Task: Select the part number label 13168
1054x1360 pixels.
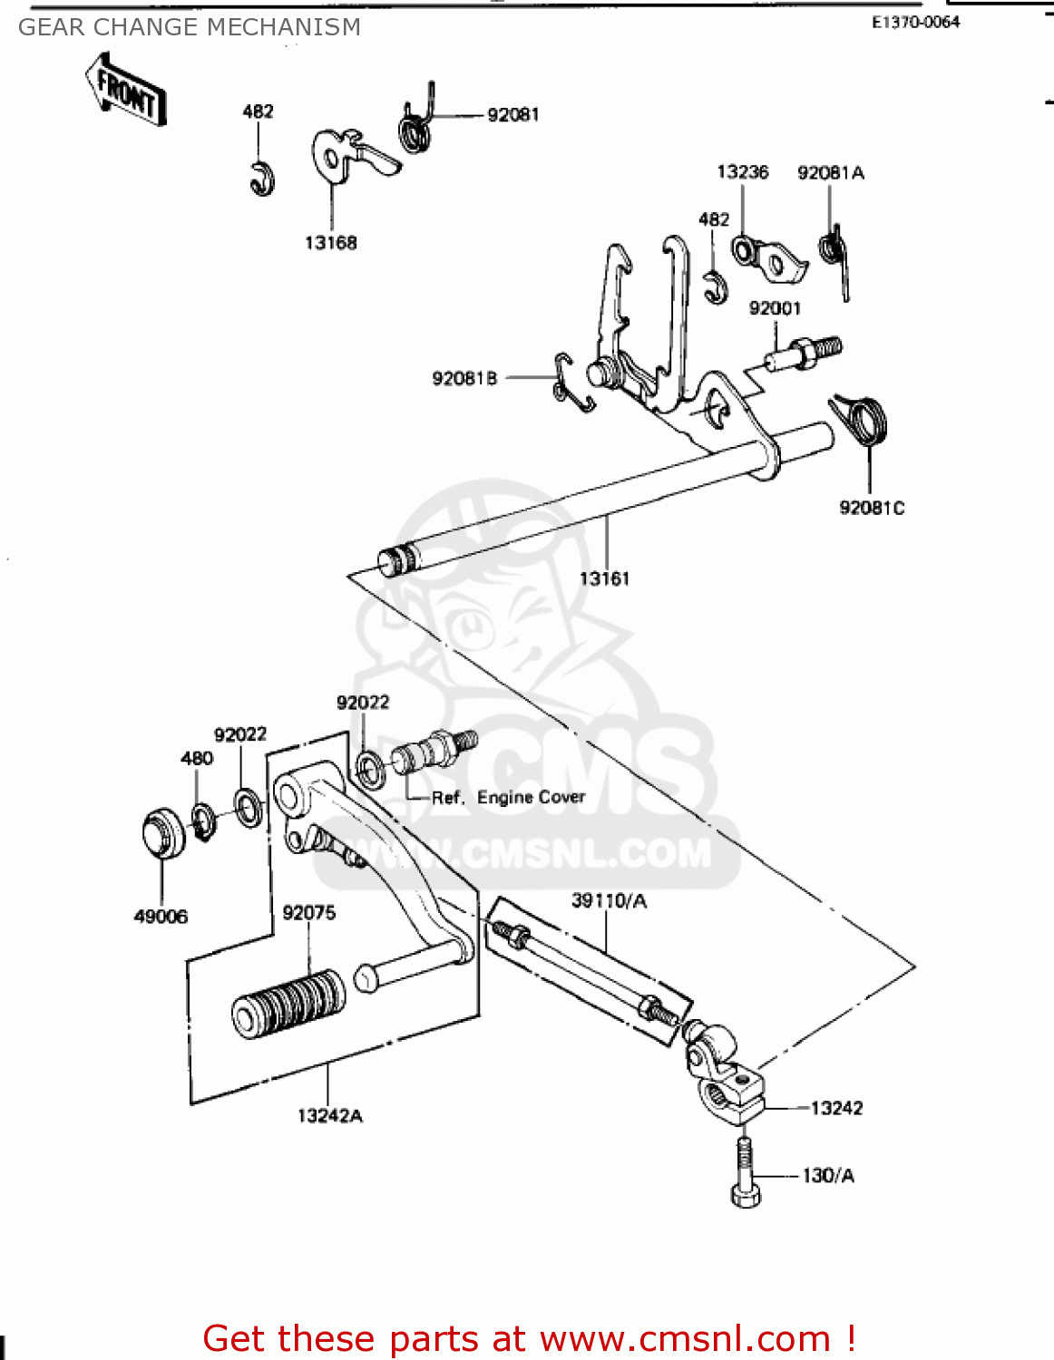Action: point(330,243)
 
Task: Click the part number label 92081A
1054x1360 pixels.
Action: point(830,173)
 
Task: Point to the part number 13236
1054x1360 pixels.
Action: point(742,172)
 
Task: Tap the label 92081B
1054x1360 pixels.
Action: point(464,378)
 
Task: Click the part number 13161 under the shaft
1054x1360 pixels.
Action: point(604,578)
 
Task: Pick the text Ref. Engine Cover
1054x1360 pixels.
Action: point(508,798)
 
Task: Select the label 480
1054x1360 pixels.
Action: point(197,758)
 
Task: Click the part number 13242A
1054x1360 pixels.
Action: point(330,1116)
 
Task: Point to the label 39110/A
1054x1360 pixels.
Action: point(609,900)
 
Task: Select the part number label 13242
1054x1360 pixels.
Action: point(836,1108)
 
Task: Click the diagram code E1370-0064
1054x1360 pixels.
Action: point(915,23)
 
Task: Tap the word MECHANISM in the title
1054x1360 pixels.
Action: point(289,28)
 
